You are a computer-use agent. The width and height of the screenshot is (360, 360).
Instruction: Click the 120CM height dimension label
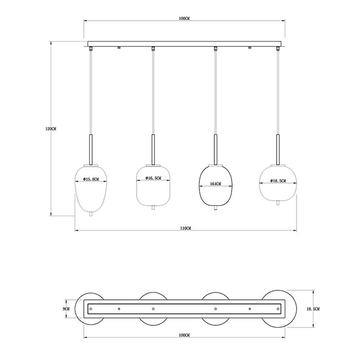pos(51,129)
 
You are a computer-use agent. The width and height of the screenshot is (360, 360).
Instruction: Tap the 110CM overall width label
pos(185,228)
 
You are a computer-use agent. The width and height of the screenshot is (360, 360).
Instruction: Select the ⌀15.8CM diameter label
pos(91,179)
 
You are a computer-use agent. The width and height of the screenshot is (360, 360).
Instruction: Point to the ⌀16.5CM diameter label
pos(153,178)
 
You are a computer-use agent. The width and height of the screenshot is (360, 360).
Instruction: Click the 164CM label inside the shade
pos(215,184)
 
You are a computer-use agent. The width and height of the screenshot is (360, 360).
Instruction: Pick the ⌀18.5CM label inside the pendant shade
pos(278,181)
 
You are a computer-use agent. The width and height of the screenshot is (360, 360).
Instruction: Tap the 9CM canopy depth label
pos(66,309)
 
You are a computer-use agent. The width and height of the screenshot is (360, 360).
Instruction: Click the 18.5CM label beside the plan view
pos(313,309)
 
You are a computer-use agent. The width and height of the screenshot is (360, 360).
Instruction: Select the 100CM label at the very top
pos(184,19)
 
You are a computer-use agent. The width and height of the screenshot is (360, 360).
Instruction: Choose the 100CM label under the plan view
pos(184,335)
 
